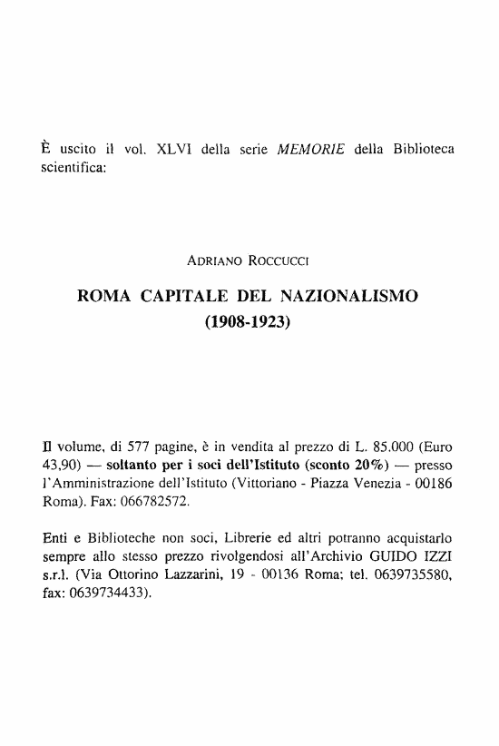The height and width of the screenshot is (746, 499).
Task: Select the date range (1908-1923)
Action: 249,320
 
